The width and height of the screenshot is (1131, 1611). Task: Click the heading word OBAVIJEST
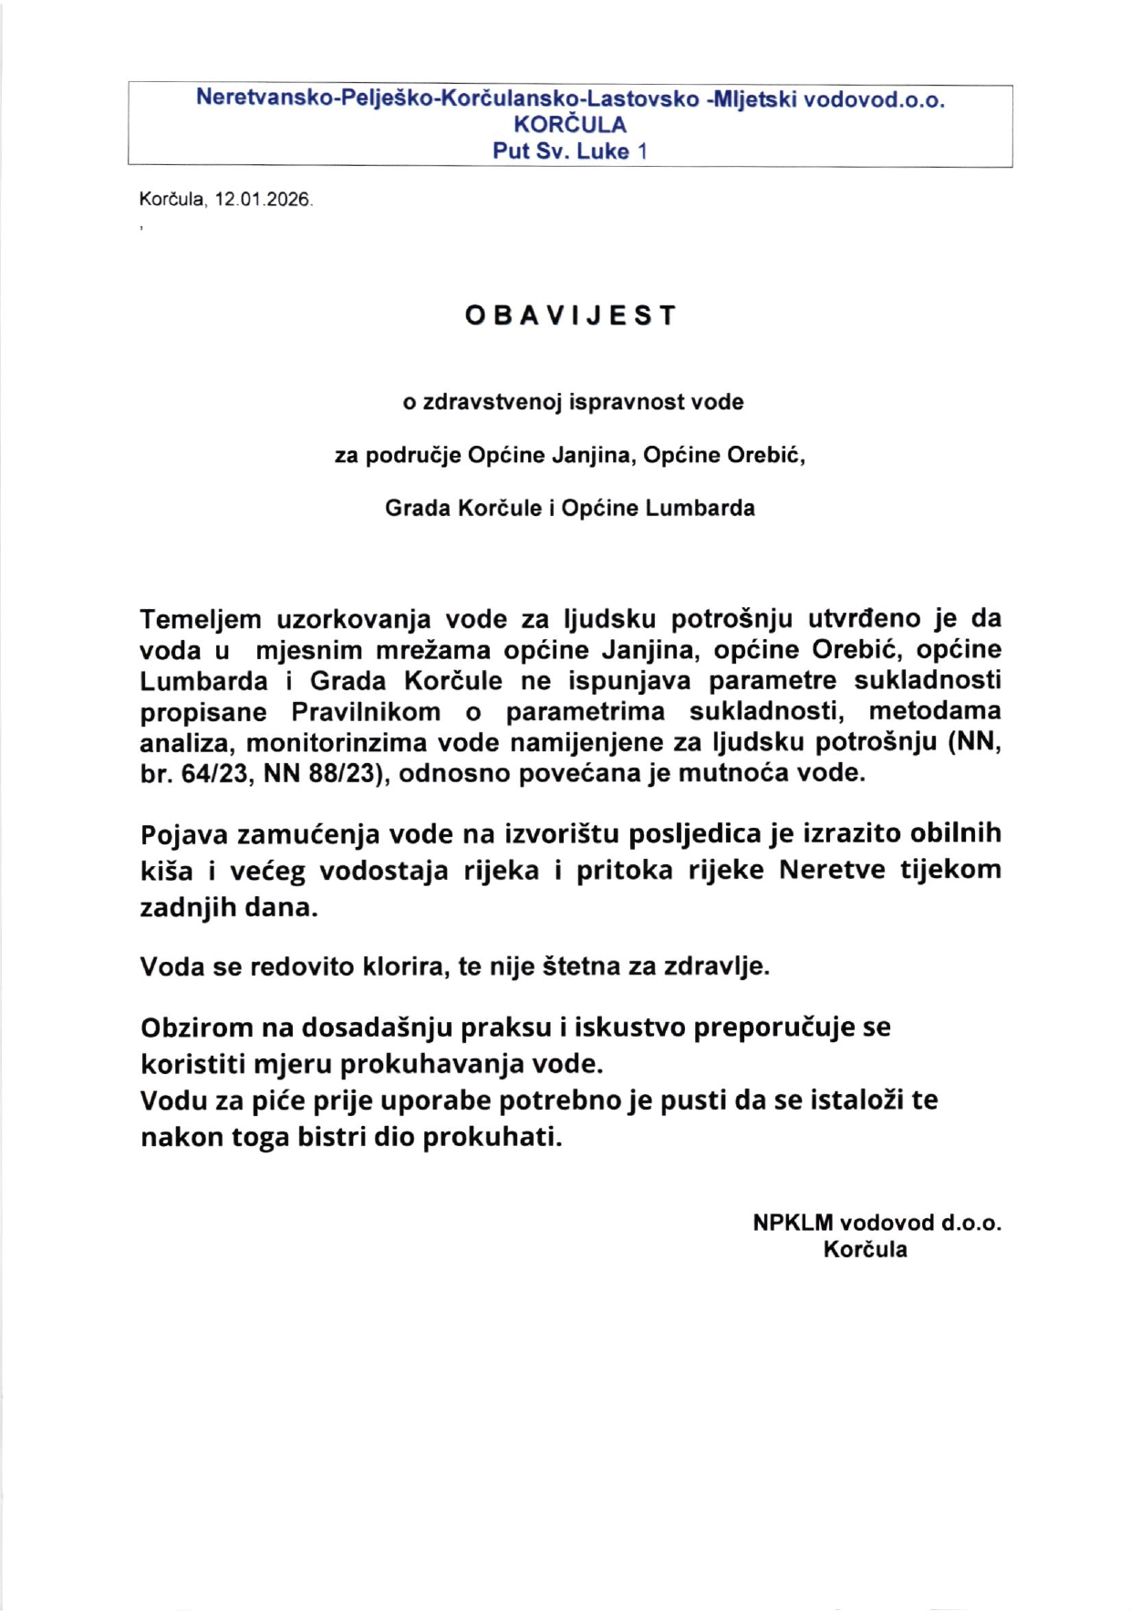571,315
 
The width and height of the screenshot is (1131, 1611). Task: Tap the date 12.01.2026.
264,199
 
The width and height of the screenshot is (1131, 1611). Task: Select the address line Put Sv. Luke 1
570,151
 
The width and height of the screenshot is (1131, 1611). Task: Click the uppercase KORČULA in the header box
570,125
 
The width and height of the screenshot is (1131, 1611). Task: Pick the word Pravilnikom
366,711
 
